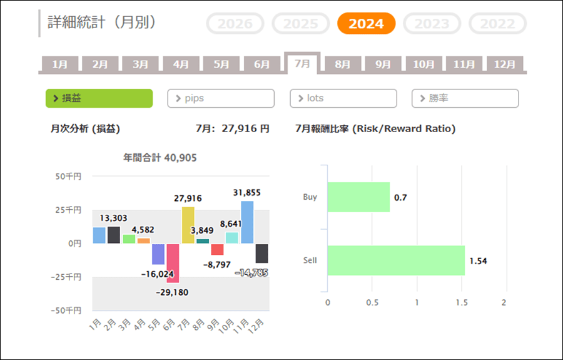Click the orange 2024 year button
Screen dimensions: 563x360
[x=366, y=23]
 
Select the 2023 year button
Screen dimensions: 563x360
[x=432, y=23]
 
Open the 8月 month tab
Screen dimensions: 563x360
[x=343, y=64]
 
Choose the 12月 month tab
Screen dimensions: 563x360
[x=504, y=64]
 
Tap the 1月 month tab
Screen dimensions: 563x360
[x=60, y=64]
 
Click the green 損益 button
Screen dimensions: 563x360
[x=99, y=98]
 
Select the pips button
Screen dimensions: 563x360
[x=221, y=98]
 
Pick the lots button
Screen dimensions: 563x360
[x=343, y=98]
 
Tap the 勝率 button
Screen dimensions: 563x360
[x=465, y=98]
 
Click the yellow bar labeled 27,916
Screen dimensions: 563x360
[x=188, y=225]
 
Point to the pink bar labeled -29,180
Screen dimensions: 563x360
[x=173, y=264]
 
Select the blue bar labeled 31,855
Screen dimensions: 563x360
[x=247, y=222]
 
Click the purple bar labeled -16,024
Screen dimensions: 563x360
[x=158, y=254]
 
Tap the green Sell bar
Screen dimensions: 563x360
[x=396, y=260]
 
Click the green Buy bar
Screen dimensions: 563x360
[x=358, y=197]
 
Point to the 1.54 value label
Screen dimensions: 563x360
[x=479, y=261]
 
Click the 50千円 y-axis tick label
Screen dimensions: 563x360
[x=68, y=177]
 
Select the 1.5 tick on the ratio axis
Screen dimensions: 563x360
[x=462, y=302]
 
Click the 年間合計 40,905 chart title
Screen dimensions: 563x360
[x=160, y=158]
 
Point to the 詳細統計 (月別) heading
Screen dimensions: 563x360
[x=101, y=23]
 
